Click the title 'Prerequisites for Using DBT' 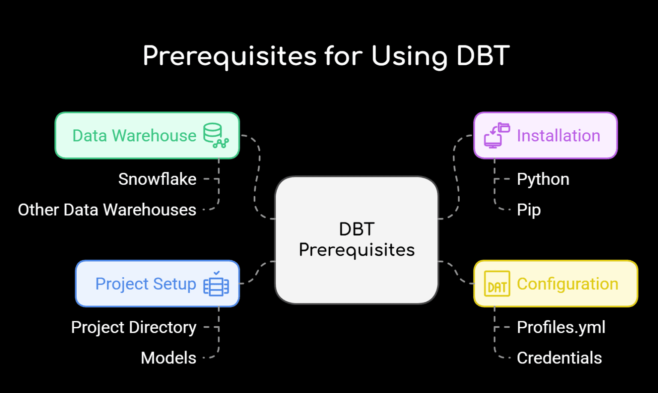click(x=326, y=57)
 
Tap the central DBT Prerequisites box click(x=356, y=240)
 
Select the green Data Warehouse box click(x=147, y=135)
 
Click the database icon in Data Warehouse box click(x=215, y=135)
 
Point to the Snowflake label click(x=157, y=179)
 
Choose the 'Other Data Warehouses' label click(x=107, y=210)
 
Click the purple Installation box click(x=545, y=135)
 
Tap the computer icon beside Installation click(x=496, y=135)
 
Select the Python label click(x=543, y=179)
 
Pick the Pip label click(x=529, y=210)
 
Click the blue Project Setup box click(x=157, y=284)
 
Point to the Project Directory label click(x=134, y=327)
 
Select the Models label click(x=168, y=358)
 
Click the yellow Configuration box click(x=556, y=284)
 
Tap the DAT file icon click(x=497, y=284)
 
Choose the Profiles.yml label click(x=561, y=327)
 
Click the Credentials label click(x=559, y=358)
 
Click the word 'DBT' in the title click(x=483, y=57)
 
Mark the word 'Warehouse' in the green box click(x=154, y=135)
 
